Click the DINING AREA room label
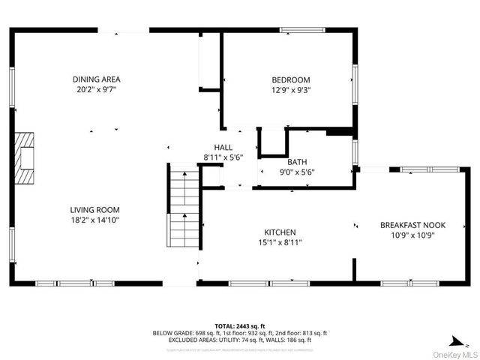click(96, 79)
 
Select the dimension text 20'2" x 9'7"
click(96, 89)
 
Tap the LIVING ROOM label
click(95, 210)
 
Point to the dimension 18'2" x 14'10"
click(95, 220)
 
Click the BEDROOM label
click(290, 80)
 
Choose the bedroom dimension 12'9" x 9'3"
click(290, 90)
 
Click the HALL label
click(223, 148)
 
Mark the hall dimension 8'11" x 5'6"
click(223, 157)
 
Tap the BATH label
click(297, 162)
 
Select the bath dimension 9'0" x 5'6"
click(297, 172)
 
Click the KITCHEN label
click(280, 232)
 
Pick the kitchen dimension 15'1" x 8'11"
click(280, 242)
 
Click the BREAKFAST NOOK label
click(412, 225)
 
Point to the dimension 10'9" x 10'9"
click(412, 235)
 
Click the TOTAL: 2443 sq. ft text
click(240, 325)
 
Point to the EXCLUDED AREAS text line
click(240, 340)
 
